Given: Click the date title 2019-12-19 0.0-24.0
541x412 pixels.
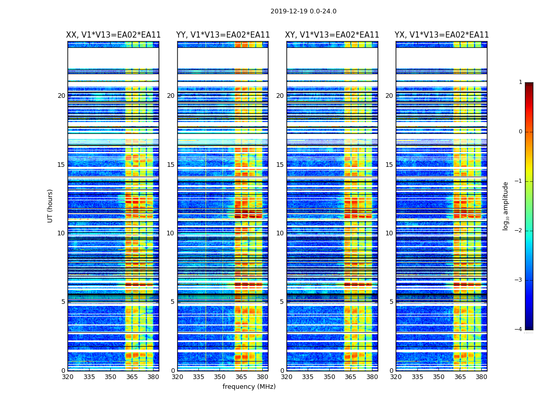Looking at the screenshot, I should pyautogui.click(x=303, y=11).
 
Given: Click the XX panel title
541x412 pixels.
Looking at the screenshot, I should pyautogui.click(x=113, y=35).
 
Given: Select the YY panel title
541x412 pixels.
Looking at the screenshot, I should pyautogui.click(x=223, y=35).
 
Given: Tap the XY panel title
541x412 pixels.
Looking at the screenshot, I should pyautogui.click(x=332, y=35).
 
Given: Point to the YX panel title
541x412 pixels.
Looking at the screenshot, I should pyautogui.click(x=442, y=35).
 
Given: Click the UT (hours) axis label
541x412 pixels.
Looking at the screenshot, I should pyautogui.click(x=50, y=205).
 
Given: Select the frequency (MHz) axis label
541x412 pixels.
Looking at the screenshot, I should pyautogui.click(x=249, y=387).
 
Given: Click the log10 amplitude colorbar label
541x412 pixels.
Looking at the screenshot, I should pyautogui.click(x=506, y=205).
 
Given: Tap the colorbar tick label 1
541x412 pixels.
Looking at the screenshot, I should pyautogui.click(x=520, y=82).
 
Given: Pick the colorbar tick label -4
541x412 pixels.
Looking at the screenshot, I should pyautogui.click(x=519, y=330).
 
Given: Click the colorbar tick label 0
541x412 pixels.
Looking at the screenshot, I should pyautogui.click(x=520, y=132).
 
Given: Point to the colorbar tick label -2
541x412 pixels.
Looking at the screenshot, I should pyautogui.click(x=519, y=231).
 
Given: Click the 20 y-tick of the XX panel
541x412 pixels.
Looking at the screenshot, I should pyautogui.click(x=61, y=96).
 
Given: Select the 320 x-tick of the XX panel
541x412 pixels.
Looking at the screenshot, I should pyautogui.click(x=68, y=377).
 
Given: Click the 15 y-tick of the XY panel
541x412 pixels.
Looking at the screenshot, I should pyautogui.click(x=280, y=165).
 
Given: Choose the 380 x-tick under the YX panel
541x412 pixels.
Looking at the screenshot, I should pyautogui.click(x=481, y=377).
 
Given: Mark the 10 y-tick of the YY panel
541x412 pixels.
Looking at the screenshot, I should pyautogui.click(x=171, y=233).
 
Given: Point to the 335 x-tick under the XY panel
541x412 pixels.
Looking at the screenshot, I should pyautogui.click(x=308, y=377).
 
